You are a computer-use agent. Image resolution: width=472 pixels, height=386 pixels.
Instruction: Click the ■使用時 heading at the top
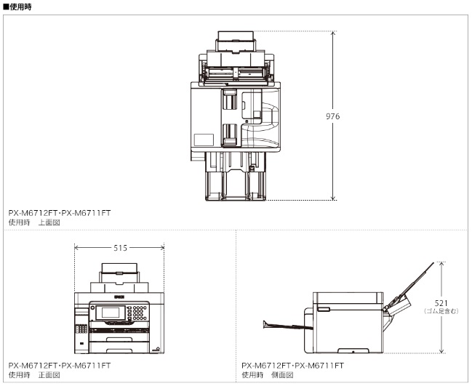18,6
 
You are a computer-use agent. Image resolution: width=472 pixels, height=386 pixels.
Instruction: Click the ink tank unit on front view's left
81,327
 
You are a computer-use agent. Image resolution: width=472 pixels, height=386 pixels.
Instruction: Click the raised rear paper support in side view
411,287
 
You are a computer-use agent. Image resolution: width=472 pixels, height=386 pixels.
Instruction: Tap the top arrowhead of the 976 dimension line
334,33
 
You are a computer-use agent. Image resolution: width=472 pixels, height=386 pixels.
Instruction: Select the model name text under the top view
60,213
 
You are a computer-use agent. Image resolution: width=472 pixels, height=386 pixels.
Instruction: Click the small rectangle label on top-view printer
203,139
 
